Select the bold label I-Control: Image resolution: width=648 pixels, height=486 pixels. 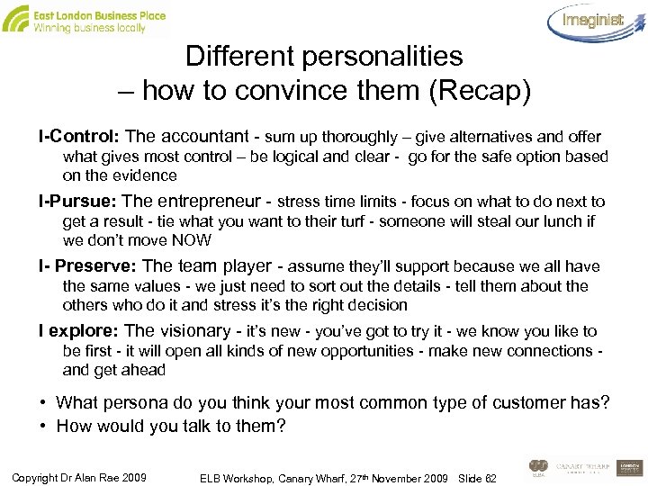[79, 137]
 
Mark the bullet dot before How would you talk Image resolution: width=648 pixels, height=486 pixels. [43, 426]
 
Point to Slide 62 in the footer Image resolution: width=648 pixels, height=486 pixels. [476, 476]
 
